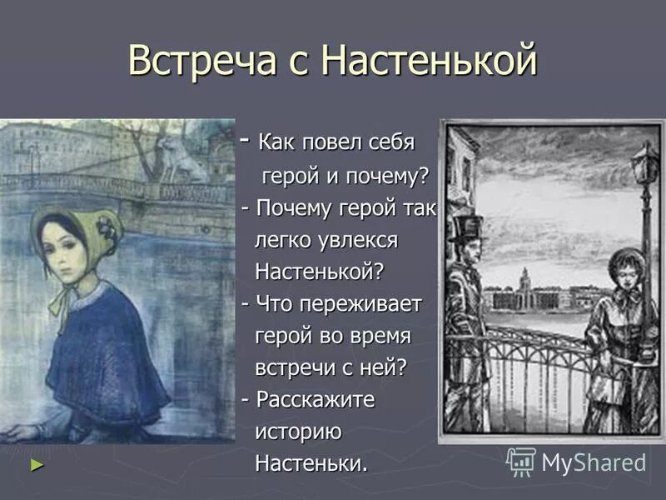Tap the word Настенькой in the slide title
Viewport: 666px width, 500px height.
pos(430,60)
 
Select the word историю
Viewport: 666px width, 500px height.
pos(298,431)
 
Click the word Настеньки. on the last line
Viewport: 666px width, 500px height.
pos(311,462)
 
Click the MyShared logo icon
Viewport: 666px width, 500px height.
pos(521,461)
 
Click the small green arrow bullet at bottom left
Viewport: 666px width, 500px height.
pos(36,464)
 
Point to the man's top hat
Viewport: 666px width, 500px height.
pos(466,227)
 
